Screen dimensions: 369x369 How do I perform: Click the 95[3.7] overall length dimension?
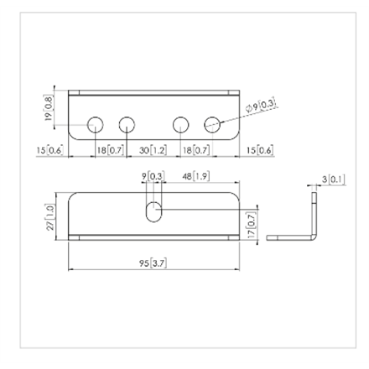click(153, 262)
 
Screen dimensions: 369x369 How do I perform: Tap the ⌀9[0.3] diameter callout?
click(261, 107)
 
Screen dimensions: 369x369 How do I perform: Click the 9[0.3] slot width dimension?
click(153, 176)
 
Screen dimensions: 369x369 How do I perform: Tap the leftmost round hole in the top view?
click(96, 126)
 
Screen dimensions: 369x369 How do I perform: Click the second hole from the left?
click(127, 126)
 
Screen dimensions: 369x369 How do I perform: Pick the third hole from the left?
click(181, 126)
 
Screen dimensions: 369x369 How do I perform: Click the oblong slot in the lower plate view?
click(153, 210)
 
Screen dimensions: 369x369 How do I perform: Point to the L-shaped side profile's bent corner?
click(314, 236)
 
